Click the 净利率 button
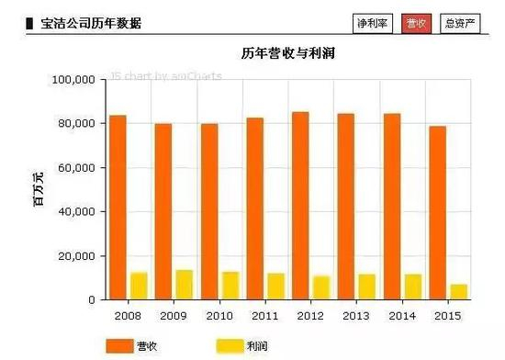373,24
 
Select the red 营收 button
416,24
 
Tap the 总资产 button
460,24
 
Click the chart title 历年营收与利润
288,53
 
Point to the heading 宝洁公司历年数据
91,24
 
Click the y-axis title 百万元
39,189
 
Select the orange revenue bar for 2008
118,208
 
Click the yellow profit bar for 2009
185,285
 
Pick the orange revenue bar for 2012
300,206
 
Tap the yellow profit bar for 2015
458,292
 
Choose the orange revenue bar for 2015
438,213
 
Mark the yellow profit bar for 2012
321,287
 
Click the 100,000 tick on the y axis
73,80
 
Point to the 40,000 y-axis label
76,211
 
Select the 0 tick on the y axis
92,300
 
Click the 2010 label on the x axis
219,316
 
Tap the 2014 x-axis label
402,316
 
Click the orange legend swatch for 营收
119,346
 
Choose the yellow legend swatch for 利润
230,346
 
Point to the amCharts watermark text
166,76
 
